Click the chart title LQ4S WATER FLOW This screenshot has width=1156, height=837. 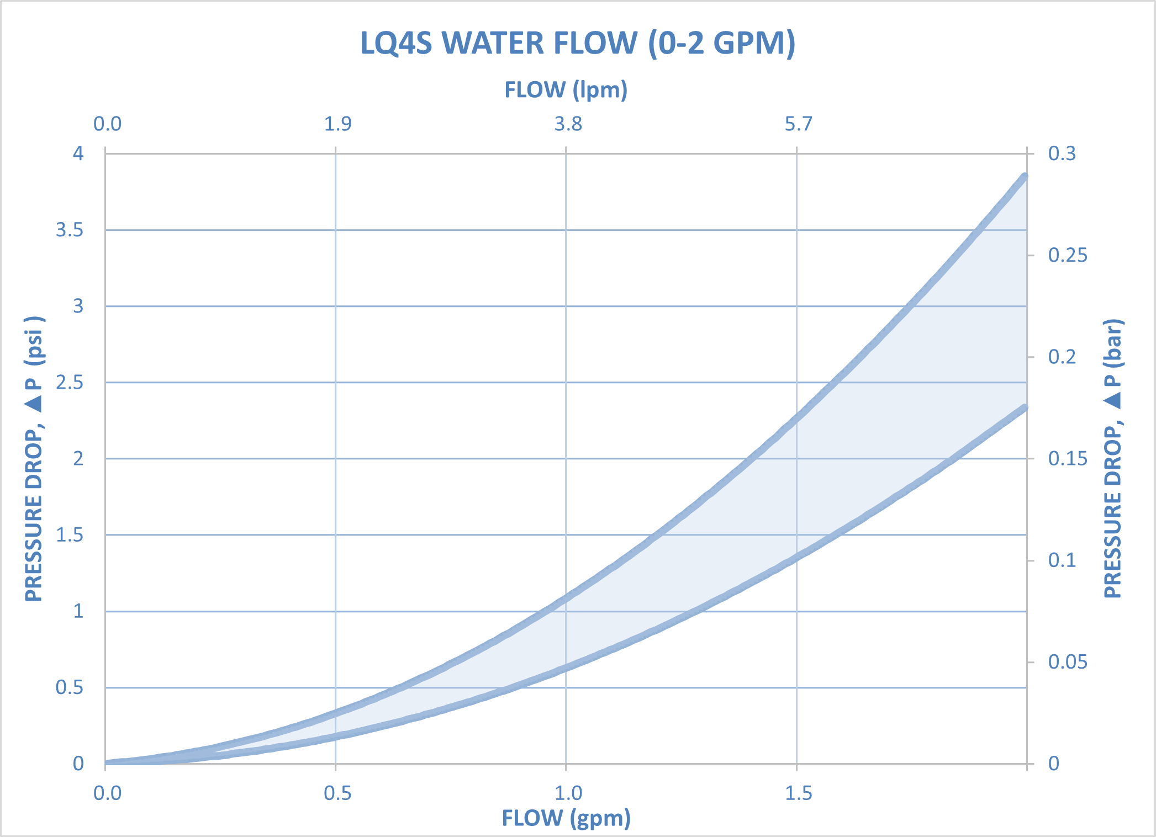click(578, 43)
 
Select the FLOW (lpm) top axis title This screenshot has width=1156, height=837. click(566, 89)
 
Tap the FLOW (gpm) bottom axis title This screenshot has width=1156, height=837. click(566, 818)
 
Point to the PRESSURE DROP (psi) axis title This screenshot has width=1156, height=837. click(34, 458)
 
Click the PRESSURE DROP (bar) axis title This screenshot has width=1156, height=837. click(1112, 458)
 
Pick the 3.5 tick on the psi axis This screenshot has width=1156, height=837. click(70, 230)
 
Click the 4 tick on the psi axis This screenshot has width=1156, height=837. click(78, 153)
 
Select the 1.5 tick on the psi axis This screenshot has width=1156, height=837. click(70, 535)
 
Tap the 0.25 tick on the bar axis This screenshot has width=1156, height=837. click(1067, 255)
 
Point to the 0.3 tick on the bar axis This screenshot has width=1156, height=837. click(1062, 153)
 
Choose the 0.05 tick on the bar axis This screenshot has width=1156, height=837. click(1067, 662)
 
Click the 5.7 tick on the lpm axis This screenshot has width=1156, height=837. click(799, 124)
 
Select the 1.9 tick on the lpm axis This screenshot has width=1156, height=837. click(337, 124)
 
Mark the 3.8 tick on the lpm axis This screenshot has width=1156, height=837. click(568, 124)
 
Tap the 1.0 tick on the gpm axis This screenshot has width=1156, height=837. click(568, 793)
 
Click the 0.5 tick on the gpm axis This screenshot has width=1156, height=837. click(337, 793)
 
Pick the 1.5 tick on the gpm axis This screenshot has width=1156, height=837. click(799, 793)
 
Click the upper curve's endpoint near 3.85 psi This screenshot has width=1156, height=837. click(1025, 177)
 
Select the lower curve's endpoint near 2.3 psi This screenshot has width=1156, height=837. click(1025, 408)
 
